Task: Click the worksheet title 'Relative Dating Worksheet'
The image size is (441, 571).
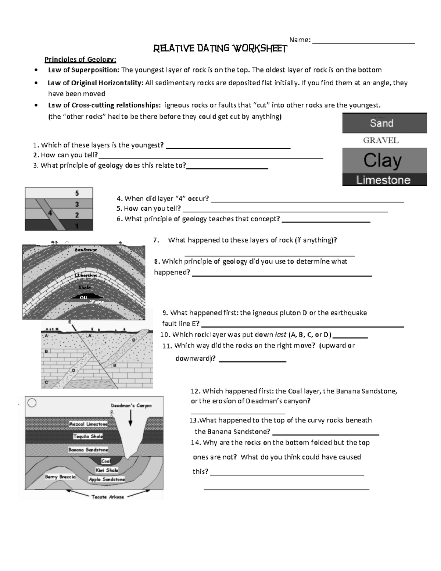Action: click(x=220, y=49)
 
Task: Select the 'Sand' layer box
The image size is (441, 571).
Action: click(x=384, y=123)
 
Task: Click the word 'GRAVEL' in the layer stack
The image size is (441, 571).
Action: click(x=381, y=140)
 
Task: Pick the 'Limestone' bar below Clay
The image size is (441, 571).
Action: click(x=383, y=180)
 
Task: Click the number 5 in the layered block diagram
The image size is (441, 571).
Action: click(x=77, y=193)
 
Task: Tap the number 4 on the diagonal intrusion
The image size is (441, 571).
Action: click(x=50, y=213)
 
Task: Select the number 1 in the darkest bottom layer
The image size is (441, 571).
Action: click(x=77, y=226)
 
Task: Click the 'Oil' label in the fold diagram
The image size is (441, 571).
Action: click(x=83, y=297)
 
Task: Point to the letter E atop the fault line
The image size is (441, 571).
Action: click(x=70, y=322)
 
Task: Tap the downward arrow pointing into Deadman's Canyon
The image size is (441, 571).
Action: click(x=131, y=418)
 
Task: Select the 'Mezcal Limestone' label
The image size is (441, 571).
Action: click(x=88, y=424)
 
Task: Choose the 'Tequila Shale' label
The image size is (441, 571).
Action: click(x=88, y=436)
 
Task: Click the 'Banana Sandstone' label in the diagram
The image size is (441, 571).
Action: click(x=88, y=449)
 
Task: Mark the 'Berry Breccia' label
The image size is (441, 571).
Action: click(x=60, y=477)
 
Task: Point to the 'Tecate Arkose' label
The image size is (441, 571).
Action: click(x=108, y=497)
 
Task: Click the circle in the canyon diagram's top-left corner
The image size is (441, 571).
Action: click(x=32, y=403)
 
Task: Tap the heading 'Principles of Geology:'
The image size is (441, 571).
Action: click(x=80, y=59)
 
